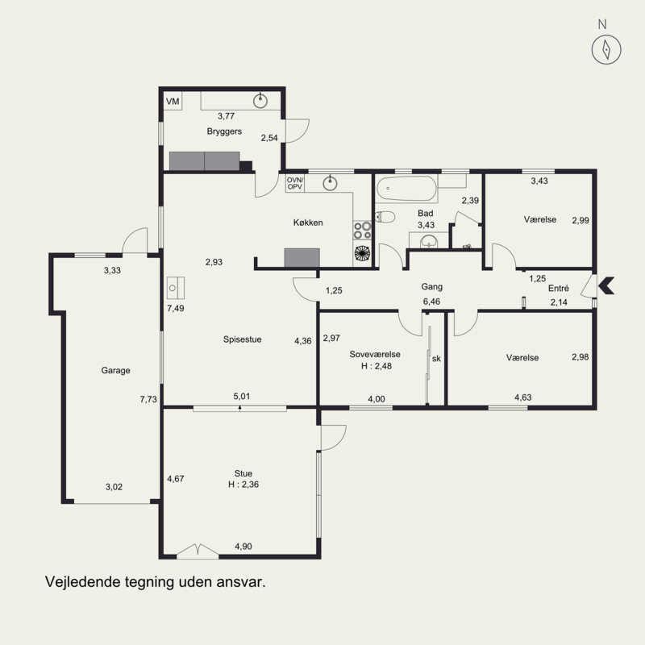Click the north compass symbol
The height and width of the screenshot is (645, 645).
coord(606,49)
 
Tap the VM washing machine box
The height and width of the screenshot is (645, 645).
coord(173,102)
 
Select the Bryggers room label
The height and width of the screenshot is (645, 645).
coord(224,131)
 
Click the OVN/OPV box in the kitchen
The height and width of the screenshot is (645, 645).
coord(295,184)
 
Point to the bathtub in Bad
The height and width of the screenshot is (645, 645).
coord(406,189)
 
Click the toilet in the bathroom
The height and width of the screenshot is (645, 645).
coord(385,216)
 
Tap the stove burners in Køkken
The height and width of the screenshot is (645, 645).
coord(362,231)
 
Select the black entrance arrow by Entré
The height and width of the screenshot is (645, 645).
coord(606,285)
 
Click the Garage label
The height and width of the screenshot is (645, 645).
coord(115,370)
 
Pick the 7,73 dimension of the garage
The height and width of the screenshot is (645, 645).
coord(148,399)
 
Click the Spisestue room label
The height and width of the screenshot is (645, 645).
coord(243,339)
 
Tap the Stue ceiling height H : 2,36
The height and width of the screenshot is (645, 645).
coord(243,485)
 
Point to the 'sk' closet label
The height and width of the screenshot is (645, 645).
coord(436,358)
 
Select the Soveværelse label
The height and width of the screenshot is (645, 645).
coord(375,354)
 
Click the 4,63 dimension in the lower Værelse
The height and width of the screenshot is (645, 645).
coord(523,397)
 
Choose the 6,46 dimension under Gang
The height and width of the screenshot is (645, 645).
coord(431,302)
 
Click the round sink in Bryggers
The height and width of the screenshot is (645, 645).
coord(260,100)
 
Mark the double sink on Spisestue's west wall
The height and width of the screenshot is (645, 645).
coord(176,288)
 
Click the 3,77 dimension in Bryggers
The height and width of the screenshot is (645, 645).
coord(227,116)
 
